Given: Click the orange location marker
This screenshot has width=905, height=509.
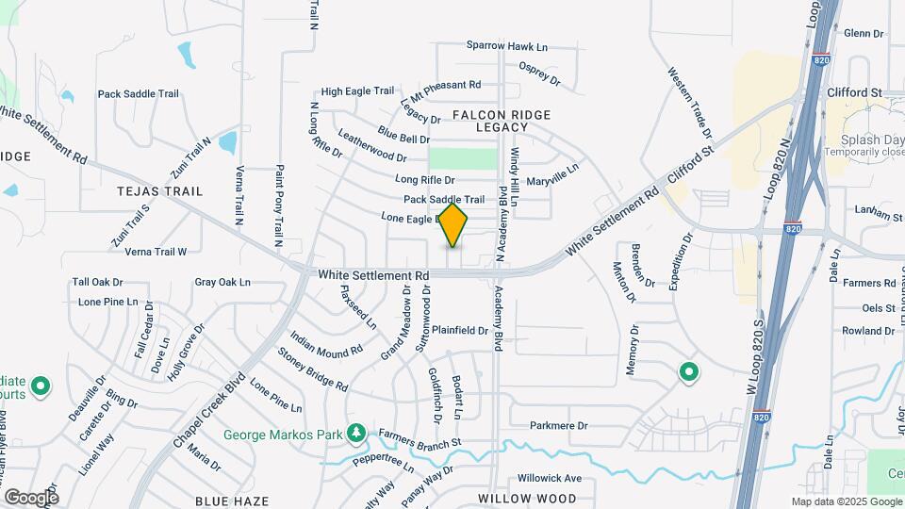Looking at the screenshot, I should coord(453,225).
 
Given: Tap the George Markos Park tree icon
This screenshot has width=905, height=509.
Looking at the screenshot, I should coord(355,434).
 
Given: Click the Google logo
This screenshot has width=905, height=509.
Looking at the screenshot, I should coord(31,497).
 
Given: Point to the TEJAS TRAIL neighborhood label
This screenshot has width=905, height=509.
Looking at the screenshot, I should coord(159,191).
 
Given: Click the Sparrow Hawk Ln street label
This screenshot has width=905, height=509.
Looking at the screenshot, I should coord(507,45).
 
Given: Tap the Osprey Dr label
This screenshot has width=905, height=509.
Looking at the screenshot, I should coord(539,74).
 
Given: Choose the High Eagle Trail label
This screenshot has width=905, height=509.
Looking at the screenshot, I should coord(357,91).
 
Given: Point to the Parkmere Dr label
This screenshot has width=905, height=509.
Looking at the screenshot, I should coord(558,426).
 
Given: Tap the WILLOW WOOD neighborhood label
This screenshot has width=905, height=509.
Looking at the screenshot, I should coord(527,498).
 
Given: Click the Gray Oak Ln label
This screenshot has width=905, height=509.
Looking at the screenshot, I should coord(222,282).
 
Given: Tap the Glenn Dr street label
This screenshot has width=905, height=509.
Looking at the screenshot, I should coord(864,33).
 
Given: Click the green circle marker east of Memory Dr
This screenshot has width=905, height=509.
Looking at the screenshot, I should coord(689,373).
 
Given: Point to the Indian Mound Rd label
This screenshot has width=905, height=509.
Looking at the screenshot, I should coord(326,343).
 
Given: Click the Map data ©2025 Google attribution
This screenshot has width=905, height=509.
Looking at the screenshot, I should coord(846,501).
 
